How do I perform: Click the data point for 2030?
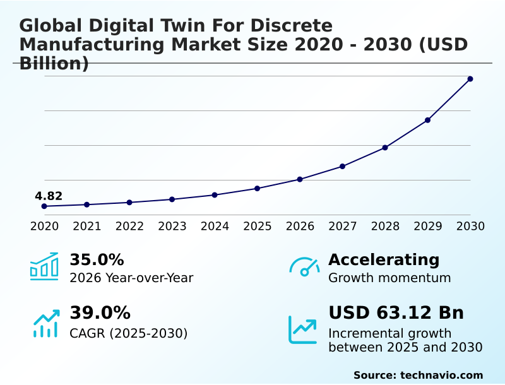tap(470, 79)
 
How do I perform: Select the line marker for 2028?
tap(385, 148)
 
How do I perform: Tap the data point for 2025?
tap(258, 189)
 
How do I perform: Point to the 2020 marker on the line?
tap(44, 206)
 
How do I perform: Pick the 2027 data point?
tap(343, 167)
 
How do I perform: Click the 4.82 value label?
tap(49, 196)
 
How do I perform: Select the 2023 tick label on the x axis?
tap(172, 227)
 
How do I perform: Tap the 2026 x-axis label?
tap(300, 227)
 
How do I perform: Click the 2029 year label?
tap(428, 227)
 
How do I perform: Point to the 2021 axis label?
tap(87, 227)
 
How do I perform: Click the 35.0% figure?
tap(97, 260)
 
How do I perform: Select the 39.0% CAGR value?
tap(100, 313)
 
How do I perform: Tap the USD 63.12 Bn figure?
tap(396, 313)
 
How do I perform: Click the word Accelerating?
tap(384, 260)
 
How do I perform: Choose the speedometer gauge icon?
tap(304, 267)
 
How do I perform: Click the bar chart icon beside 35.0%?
tap(44, 266)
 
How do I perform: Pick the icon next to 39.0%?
tap(45, 323)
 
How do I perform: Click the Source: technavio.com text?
tap(418, 375)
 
